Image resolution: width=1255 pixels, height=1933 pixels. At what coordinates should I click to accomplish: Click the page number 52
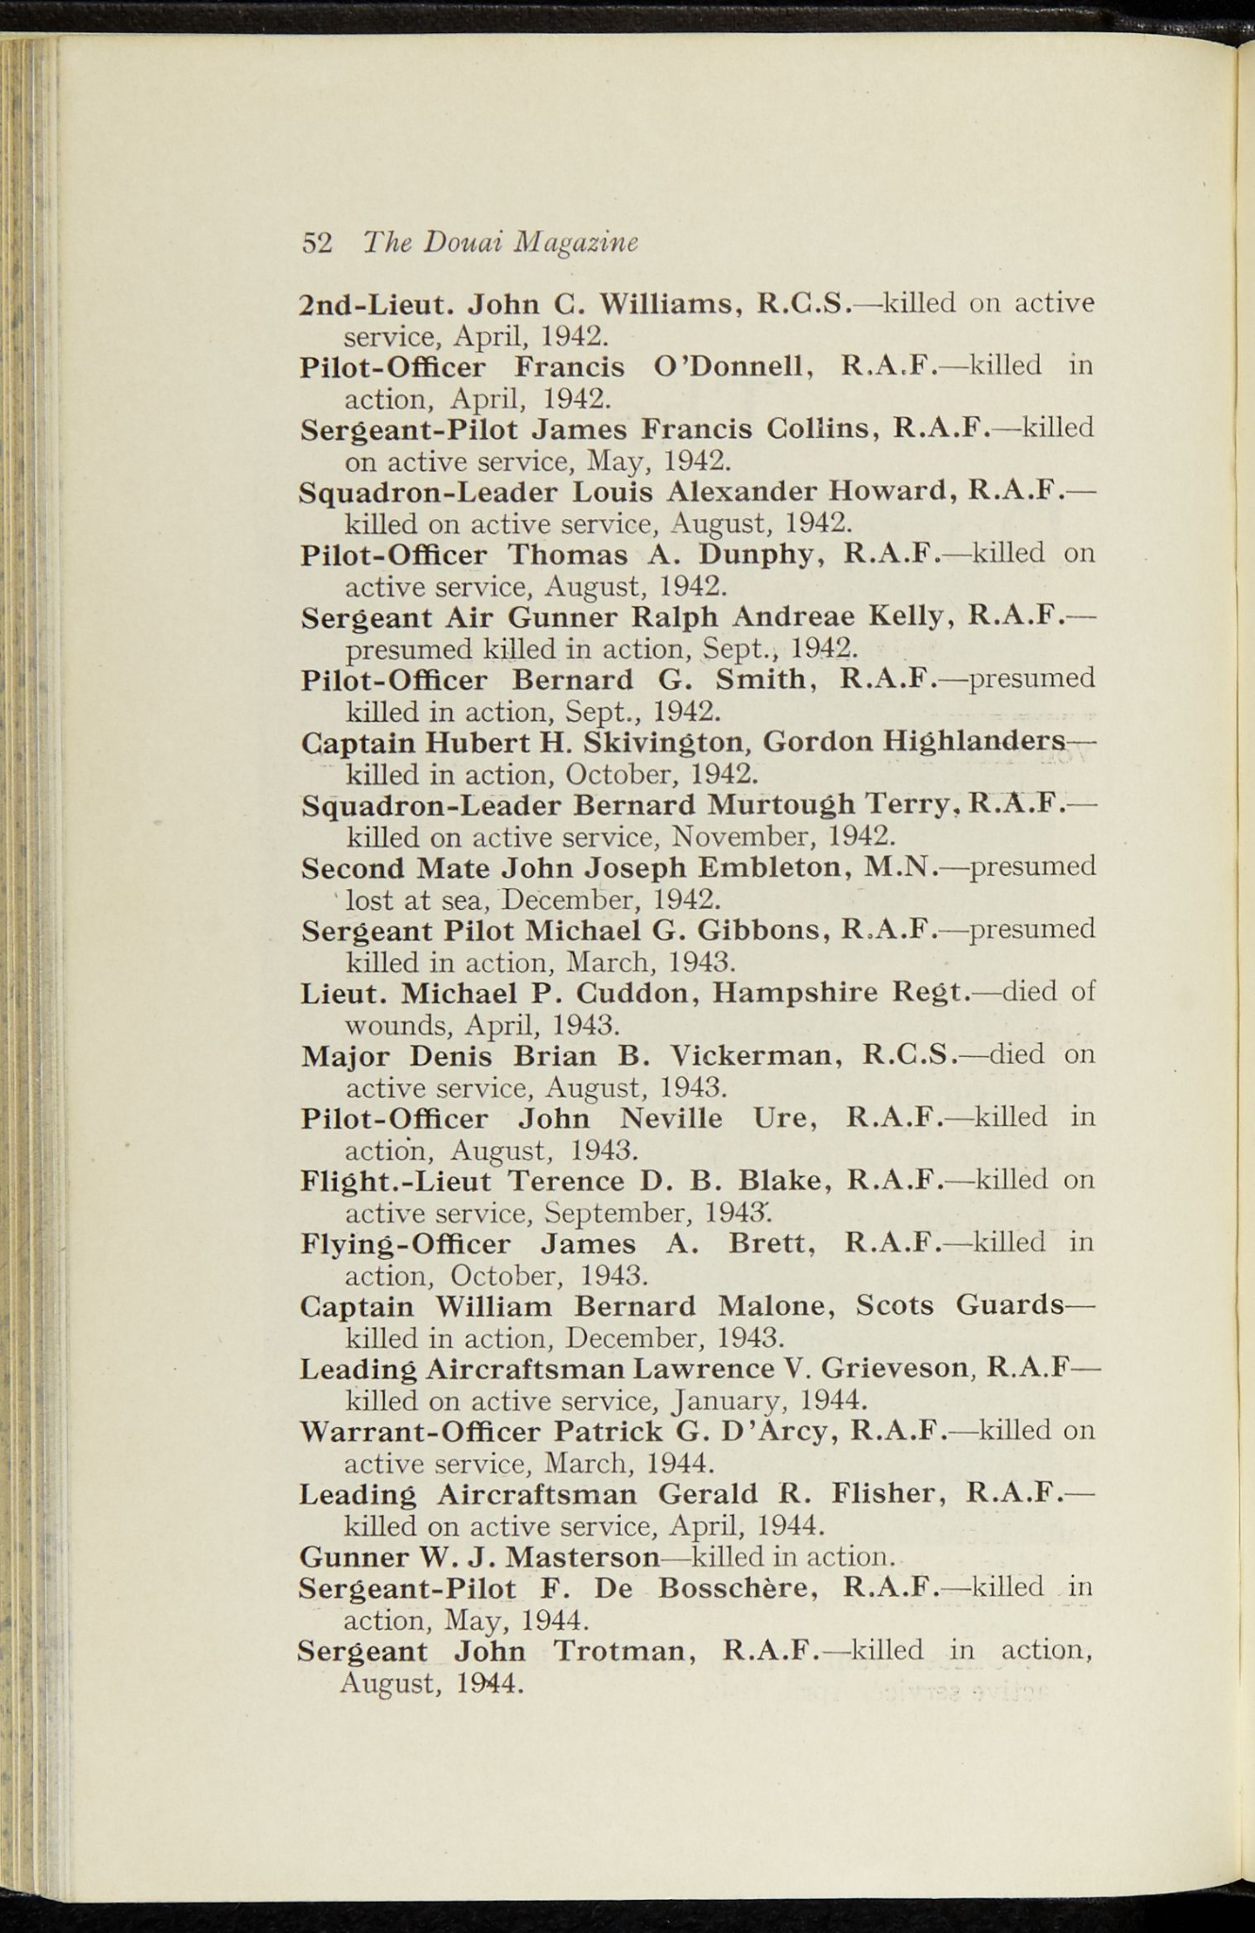317,244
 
